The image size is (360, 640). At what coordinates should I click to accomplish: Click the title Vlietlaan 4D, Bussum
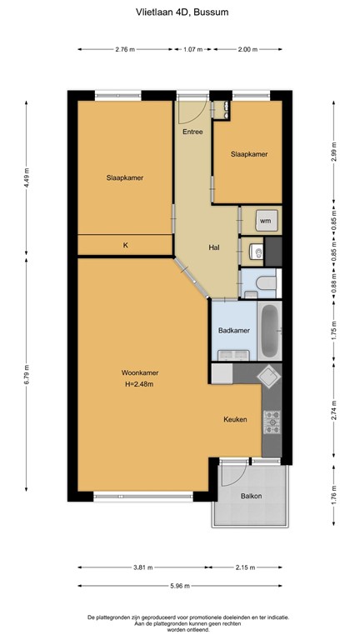coord(182,12)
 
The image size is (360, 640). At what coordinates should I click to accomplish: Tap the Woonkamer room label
coord(140,372)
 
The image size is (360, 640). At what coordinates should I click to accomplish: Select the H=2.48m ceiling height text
coord(139,383)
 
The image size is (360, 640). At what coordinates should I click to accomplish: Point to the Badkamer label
coord(234,330)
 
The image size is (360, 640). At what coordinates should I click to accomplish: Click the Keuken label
coord(235,419)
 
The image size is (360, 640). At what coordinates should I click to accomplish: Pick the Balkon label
coord(251,496)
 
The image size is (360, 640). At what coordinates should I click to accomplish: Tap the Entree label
coord(192,132)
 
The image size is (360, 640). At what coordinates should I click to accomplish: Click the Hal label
coord(214,247)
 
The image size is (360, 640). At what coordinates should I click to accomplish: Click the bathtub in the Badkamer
coord(269,331)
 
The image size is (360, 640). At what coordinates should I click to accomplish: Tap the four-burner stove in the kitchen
coord(272,422)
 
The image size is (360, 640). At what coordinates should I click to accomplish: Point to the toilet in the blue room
coord(266,282)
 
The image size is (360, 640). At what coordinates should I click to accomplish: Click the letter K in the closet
coord(126,245)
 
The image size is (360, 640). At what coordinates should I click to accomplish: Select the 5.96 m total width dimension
coord(180,586)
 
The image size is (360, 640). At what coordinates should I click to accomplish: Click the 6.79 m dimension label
coord(27,374)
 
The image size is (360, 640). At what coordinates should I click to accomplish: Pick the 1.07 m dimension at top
coord(192,49)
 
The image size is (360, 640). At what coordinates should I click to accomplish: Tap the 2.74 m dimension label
coord(334,410)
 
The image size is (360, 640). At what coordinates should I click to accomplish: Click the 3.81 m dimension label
coord(142,567)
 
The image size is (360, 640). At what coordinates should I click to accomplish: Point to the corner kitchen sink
coord(268,375)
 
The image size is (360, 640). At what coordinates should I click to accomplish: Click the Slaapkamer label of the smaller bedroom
coord(249,154)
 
